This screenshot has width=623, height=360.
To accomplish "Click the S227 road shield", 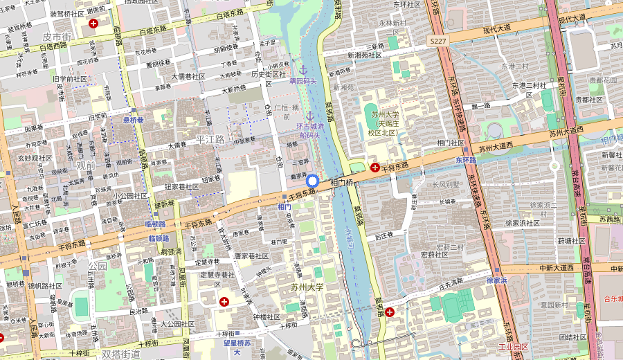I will pyautogui.click(x=437, y=42).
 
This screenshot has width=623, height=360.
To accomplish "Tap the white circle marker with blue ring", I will pyautogui.click(x=312, y=181).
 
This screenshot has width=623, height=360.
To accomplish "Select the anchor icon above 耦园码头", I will pyautogui.click(x=303, y=70).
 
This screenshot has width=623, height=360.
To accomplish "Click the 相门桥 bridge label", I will pyautogui.click(x=342, y=183).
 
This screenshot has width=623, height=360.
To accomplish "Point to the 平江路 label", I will pyautogui.click(x=210, y=139).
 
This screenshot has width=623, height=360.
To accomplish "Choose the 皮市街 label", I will pyautogui.click(x=57, y=36).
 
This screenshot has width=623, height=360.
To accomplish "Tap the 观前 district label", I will pyautogui.click(x=86, y=165).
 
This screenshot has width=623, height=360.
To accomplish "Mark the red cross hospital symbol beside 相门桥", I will pyautogui.click(x=374, y=167).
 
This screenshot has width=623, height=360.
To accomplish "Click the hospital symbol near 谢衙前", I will pyautogui.click(x=93, y=24).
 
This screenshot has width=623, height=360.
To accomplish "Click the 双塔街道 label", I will pyautogui.click(x=121, y=354).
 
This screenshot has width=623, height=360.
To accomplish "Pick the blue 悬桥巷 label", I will pyautogui.click(x=133, y=120).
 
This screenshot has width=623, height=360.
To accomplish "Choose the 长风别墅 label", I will pyautogui.click(x=446, y=185).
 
